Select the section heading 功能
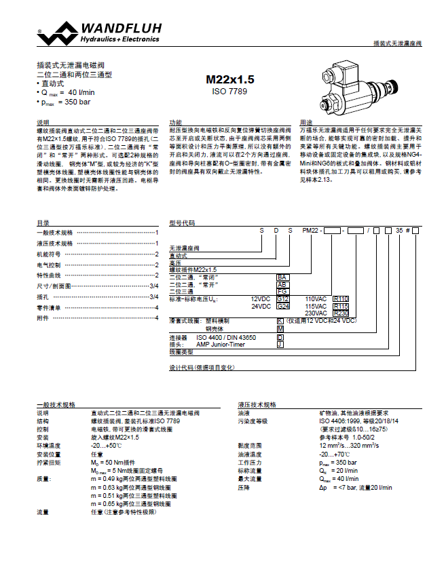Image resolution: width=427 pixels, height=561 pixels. (x=175, y=122)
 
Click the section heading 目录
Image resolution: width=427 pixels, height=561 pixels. (x=42, y=223)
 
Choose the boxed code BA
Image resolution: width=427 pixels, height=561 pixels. (x=282, y=277)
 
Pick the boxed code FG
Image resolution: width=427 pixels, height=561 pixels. (x=282, y=291)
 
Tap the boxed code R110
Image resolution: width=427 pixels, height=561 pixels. (x=341, y=298)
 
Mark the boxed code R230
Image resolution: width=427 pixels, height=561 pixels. (x=341, y=313)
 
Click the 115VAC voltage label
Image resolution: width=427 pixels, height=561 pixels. (x=316, y=306)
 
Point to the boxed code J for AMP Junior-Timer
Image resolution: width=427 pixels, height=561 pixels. (x=280, y=344)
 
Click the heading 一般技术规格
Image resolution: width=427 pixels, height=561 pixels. (x=56, y=404)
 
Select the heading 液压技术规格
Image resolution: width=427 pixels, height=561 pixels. (x=257, y=404)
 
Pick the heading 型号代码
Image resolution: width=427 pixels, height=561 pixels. (x=182, y=223)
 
